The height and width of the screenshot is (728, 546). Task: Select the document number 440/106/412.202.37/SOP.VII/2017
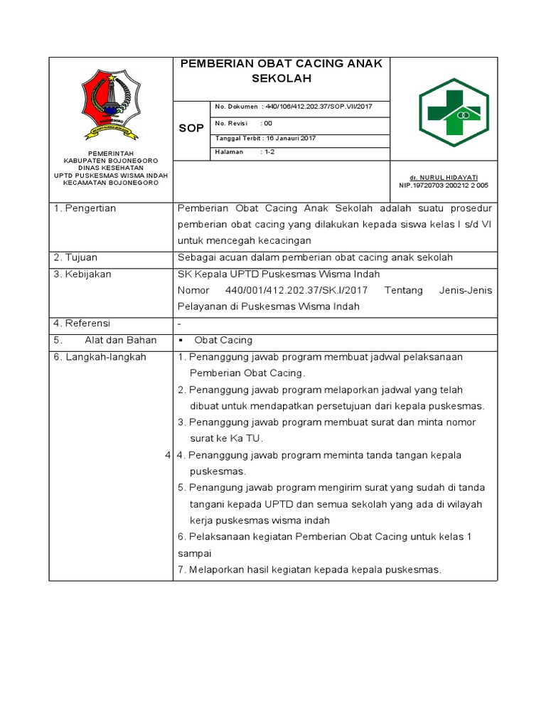[x=318, y=107]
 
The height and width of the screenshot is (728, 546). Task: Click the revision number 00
[x=268, y=122]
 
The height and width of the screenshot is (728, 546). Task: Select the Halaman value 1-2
[x=271, y=152]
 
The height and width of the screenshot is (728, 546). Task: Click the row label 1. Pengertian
[x=85, y=208]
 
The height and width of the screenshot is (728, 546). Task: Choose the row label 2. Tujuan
[x=76, y=257]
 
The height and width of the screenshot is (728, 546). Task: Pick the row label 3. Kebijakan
[x=82, y=274]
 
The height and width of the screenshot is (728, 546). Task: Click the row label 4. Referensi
[x=83, y=323]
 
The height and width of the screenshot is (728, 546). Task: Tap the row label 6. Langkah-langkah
[x=100, y=357]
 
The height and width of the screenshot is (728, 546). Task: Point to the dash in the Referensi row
[x=179, y=324]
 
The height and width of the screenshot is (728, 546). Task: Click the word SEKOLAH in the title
[x=282, y=78]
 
